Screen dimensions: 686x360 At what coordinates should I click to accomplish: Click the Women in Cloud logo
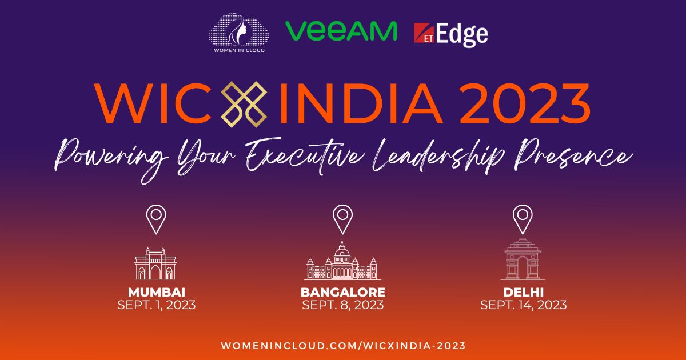pos(239,33)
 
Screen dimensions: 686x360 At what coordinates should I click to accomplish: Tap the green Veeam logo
pos(341,31)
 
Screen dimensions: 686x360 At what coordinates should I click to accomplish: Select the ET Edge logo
pos(451,35)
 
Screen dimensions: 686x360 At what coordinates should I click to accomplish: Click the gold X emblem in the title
pos(244,105)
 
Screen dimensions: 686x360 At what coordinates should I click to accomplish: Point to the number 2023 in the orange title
pos(525,103)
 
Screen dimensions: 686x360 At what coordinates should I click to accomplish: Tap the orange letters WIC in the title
pos(153,103)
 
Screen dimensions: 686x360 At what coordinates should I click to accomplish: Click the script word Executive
pos(305,156)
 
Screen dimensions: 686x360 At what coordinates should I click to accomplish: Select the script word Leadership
pos(438,156)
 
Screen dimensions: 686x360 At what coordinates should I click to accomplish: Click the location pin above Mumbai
pos(156,219)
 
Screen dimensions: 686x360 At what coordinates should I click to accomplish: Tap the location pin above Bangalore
pos(342,219)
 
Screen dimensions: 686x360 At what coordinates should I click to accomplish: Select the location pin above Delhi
pos(523,219)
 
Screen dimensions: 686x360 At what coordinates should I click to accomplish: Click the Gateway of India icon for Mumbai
pos(155,263)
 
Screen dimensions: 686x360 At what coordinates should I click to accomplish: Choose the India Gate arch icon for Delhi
pos(523,259)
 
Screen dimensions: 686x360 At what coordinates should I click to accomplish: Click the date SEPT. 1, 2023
pos(157,305)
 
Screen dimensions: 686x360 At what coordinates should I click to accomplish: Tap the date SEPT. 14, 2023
pos(524,305)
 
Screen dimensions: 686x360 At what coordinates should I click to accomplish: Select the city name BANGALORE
pos(343,292)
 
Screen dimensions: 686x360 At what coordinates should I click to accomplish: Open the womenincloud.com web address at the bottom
pos(344,346)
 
